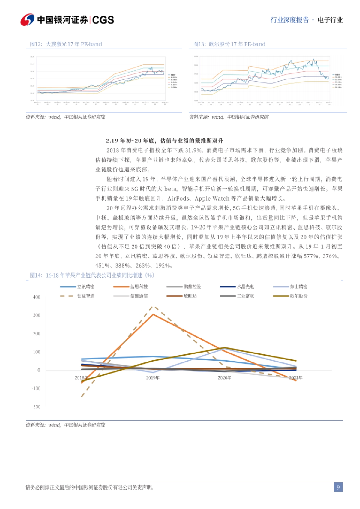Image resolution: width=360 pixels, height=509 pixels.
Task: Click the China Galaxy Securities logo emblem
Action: [28, 20]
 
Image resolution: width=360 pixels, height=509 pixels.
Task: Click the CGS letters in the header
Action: [103, 20]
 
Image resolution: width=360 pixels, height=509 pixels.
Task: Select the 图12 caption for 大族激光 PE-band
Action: [66, 44]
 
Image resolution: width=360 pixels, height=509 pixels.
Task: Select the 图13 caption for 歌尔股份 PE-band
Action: [229, 44]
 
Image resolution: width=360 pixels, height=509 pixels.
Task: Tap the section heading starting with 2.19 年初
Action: [164, 141]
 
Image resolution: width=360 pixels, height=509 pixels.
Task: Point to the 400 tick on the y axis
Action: [37, 297]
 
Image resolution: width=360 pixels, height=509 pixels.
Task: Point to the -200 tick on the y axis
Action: [36, 407]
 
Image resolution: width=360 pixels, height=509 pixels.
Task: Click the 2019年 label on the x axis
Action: [153, 378]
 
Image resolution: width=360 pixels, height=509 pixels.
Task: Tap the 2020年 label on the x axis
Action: [224, 378]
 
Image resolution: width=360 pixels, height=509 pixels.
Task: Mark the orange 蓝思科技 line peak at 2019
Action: [153, 314]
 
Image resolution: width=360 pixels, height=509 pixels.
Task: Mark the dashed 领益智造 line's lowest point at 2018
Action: [82, 396]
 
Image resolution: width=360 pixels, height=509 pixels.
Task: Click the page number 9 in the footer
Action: [338, 487]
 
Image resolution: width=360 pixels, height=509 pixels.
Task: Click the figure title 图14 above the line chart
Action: [92, 275]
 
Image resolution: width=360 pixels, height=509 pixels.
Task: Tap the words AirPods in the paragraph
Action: [178, 198]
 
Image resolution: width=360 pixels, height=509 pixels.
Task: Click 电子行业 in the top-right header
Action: [330, 20]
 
